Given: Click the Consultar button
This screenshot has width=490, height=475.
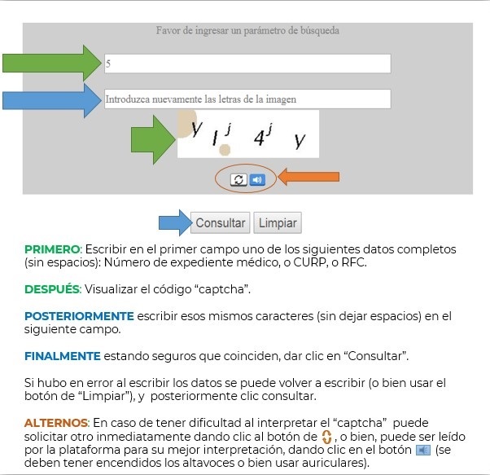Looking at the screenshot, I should pos(220,222).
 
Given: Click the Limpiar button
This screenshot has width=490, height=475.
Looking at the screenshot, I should pos(277,222).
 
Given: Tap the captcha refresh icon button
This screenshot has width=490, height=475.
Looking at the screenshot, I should pos(238,179).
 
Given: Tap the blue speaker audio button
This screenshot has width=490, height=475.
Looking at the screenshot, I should pos(257,179).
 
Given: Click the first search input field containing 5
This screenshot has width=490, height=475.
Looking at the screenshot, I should pos(247,64).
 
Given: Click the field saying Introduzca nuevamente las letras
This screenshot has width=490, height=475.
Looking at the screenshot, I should pos(247,99).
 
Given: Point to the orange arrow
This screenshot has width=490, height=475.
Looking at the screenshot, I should pos(308,176).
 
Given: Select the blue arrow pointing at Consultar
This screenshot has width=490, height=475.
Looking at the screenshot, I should pos(173,222).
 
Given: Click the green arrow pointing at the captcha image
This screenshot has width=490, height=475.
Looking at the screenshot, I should pos(153,134).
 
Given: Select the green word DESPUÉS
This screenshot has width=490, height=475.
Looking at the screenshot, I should pos(52,289).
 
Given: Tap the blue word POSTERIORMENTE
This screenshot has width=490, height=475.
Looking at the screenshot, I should pos(78,315).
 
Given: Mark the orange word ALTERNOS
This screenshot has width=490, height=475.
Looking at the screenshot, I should pos(56,423).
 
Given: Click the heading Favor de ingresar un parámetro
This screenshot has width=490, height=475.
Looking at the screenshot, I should pos(247,31).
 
